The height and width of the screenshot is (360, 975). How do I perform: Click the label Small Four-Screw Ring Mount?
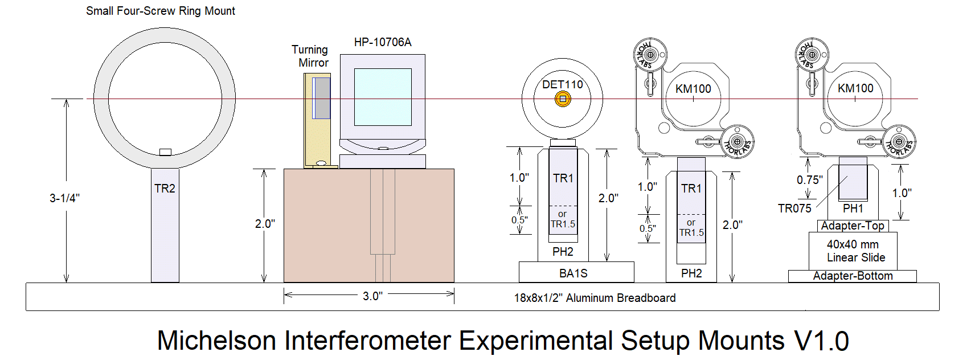click(160, 11)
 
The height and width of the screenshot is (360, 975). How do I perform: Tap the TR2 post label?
click(165, 189)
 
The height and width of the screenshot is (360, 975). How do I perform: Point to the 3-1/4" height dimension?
click(64, 198)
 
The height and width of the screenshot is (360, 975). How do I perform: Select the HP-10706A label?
click(383, 42)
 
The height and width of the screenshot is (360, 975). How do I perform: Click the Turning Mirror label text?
click(311, 56)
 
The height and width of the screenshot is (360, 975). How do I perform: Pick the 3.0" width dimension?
click(372, 296)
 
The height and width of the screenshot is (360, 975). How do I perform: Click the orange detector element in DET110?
click(563, 99)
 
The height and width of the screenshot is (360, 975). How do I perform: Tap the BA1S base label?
click(573, 273)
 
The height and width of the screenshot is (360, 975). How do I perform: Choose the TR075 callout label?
click(794, 208)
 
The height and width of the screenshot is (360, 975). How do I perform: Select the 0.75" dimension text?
click(809, 180)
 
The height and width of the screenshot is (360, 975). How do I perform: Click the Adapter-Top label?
click(853, 226)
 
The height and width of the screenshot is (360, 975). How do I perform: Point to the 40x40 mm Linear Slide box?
click(853, 251)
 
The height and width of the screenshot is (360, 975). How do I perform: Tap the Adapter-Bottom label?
click(853, 276)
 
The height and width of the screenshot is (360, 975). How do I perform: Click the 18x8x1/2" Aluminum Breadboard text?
click(595, 298)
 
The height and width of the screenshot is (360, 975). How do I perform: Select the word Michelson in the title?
click(217, 341)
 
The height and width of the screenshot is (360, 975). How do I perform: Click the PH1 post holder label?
click(853, 208)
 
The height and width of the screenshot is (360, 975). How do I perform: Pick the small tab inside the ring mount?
click(165, 152)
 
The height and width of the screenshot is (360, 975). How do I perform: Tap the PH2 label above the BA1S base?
click(563, 252)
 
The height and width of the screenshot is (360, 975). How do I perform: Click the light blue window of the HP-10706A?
click(383, 97)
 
